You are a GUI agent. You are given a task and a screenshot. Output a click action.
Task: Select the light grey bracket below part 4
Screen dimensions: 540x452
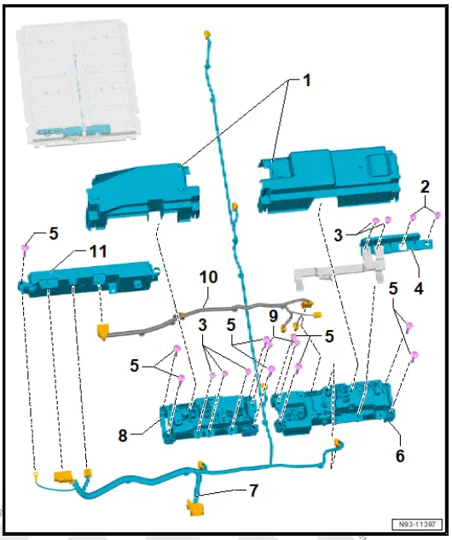click(333, 274)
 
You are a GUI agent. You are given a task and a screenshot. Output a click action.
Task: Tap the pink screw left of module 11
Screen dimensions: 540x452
click(26, 248)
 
